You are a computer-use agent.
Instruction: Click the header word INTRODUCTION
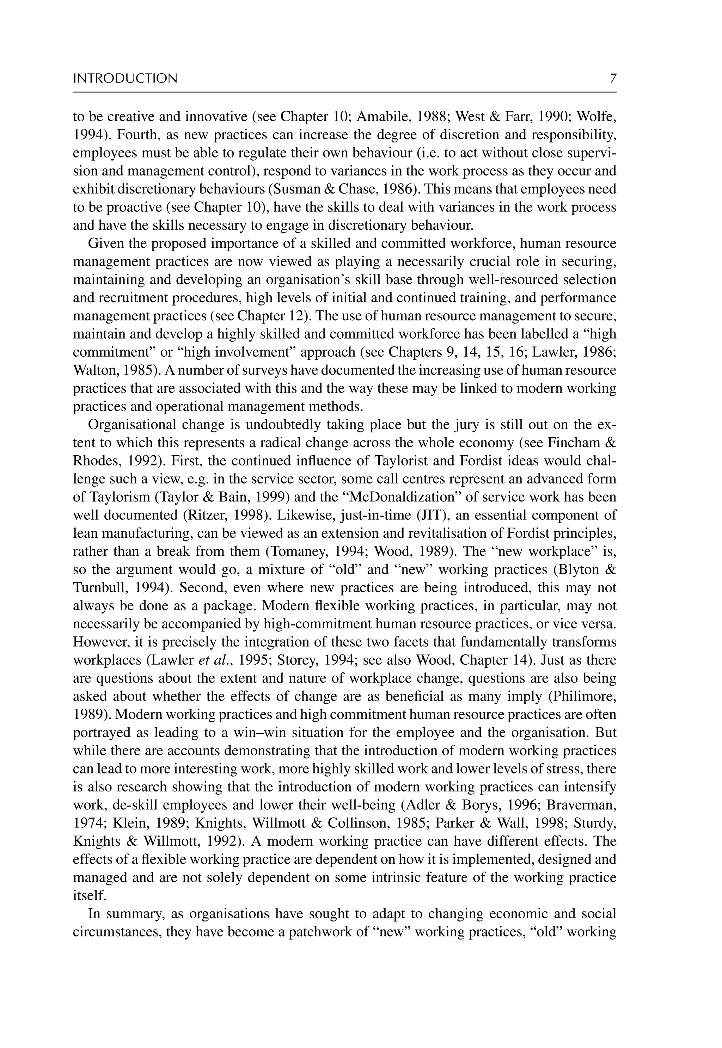(x=125, y=79)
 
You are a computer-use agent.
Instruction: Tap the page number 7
(x=613, y=79)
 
